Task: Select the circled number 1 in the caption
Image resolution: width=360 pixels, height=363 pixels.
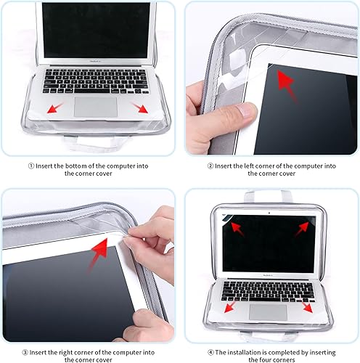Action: (x=31, y=166)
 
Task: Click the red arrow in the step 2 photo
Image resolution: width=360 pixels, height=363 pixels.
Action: (x=289, y=83)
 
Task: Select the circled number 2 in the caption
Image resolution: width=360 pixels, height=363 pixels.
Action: (x=210, y=166)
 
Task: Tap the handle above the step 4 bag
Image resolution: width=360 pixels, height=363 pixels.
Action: (x=269, y=197)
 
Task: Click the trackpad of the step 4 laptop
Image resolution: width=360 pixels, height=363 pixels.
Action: (x=267, y=311)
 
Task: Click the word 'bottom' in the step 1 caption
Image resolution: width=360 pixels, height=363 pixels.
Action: (x=82, y=166)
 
